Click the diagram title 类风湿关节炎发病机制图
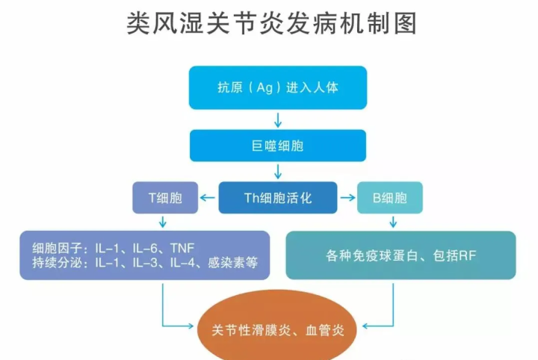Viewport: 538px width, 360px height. (272, 23)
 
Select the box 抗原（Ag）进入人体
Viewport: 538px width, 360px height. (278, 88)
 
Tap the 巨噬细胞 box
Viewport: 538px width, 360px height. (278, 146)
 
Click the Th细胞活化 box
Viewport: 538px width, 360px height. (278, 198)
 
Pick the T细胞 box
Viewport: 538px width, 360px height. (165, 198)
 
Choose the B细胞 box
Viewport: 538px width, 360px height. (390, 198)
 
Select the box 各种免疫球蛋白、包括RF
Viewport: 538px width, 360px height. (401, 255)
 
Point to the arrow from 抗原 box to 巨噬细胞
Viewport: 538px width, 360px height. (278, 120)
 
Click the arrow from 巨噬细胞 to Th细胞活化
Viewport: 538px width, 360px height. (278, 172)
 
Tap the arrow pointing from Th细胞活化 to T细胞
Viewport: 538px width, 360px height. (208, 198)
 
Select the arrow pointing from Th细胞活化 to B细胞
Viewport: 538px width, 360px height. (347, 198)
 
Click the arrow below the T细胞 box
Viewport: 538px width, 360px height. (163, 222)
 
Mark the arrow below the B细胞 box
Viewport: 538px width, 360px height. (393, 222)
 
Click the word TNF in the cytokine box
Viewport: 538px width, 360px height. (182, 248)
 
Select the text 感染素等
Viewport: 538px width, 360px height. (232, 263)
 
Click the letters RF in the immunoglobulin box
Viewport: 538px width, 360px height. (468, 255)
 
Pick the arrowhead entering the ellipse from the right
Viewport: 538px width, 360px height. (365, 326)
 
